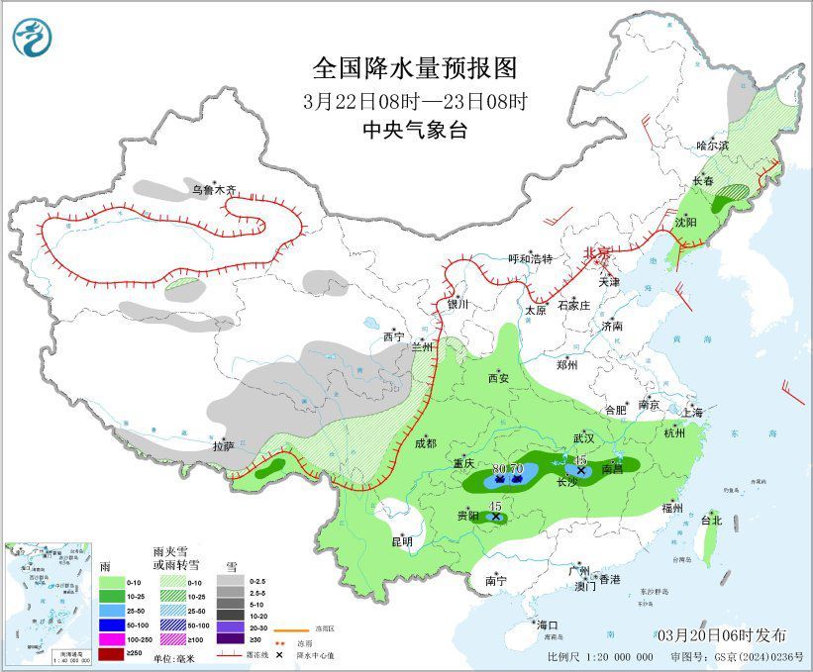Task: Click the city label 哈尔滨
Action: [x=711, y=144]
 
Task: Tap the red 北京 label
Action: [x=597, y=253]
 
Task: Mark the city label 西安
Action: [x=498, y=378]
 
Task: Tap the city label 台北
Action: [x=711, y=520]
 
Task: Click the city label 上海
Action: [x=693, y=412]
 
